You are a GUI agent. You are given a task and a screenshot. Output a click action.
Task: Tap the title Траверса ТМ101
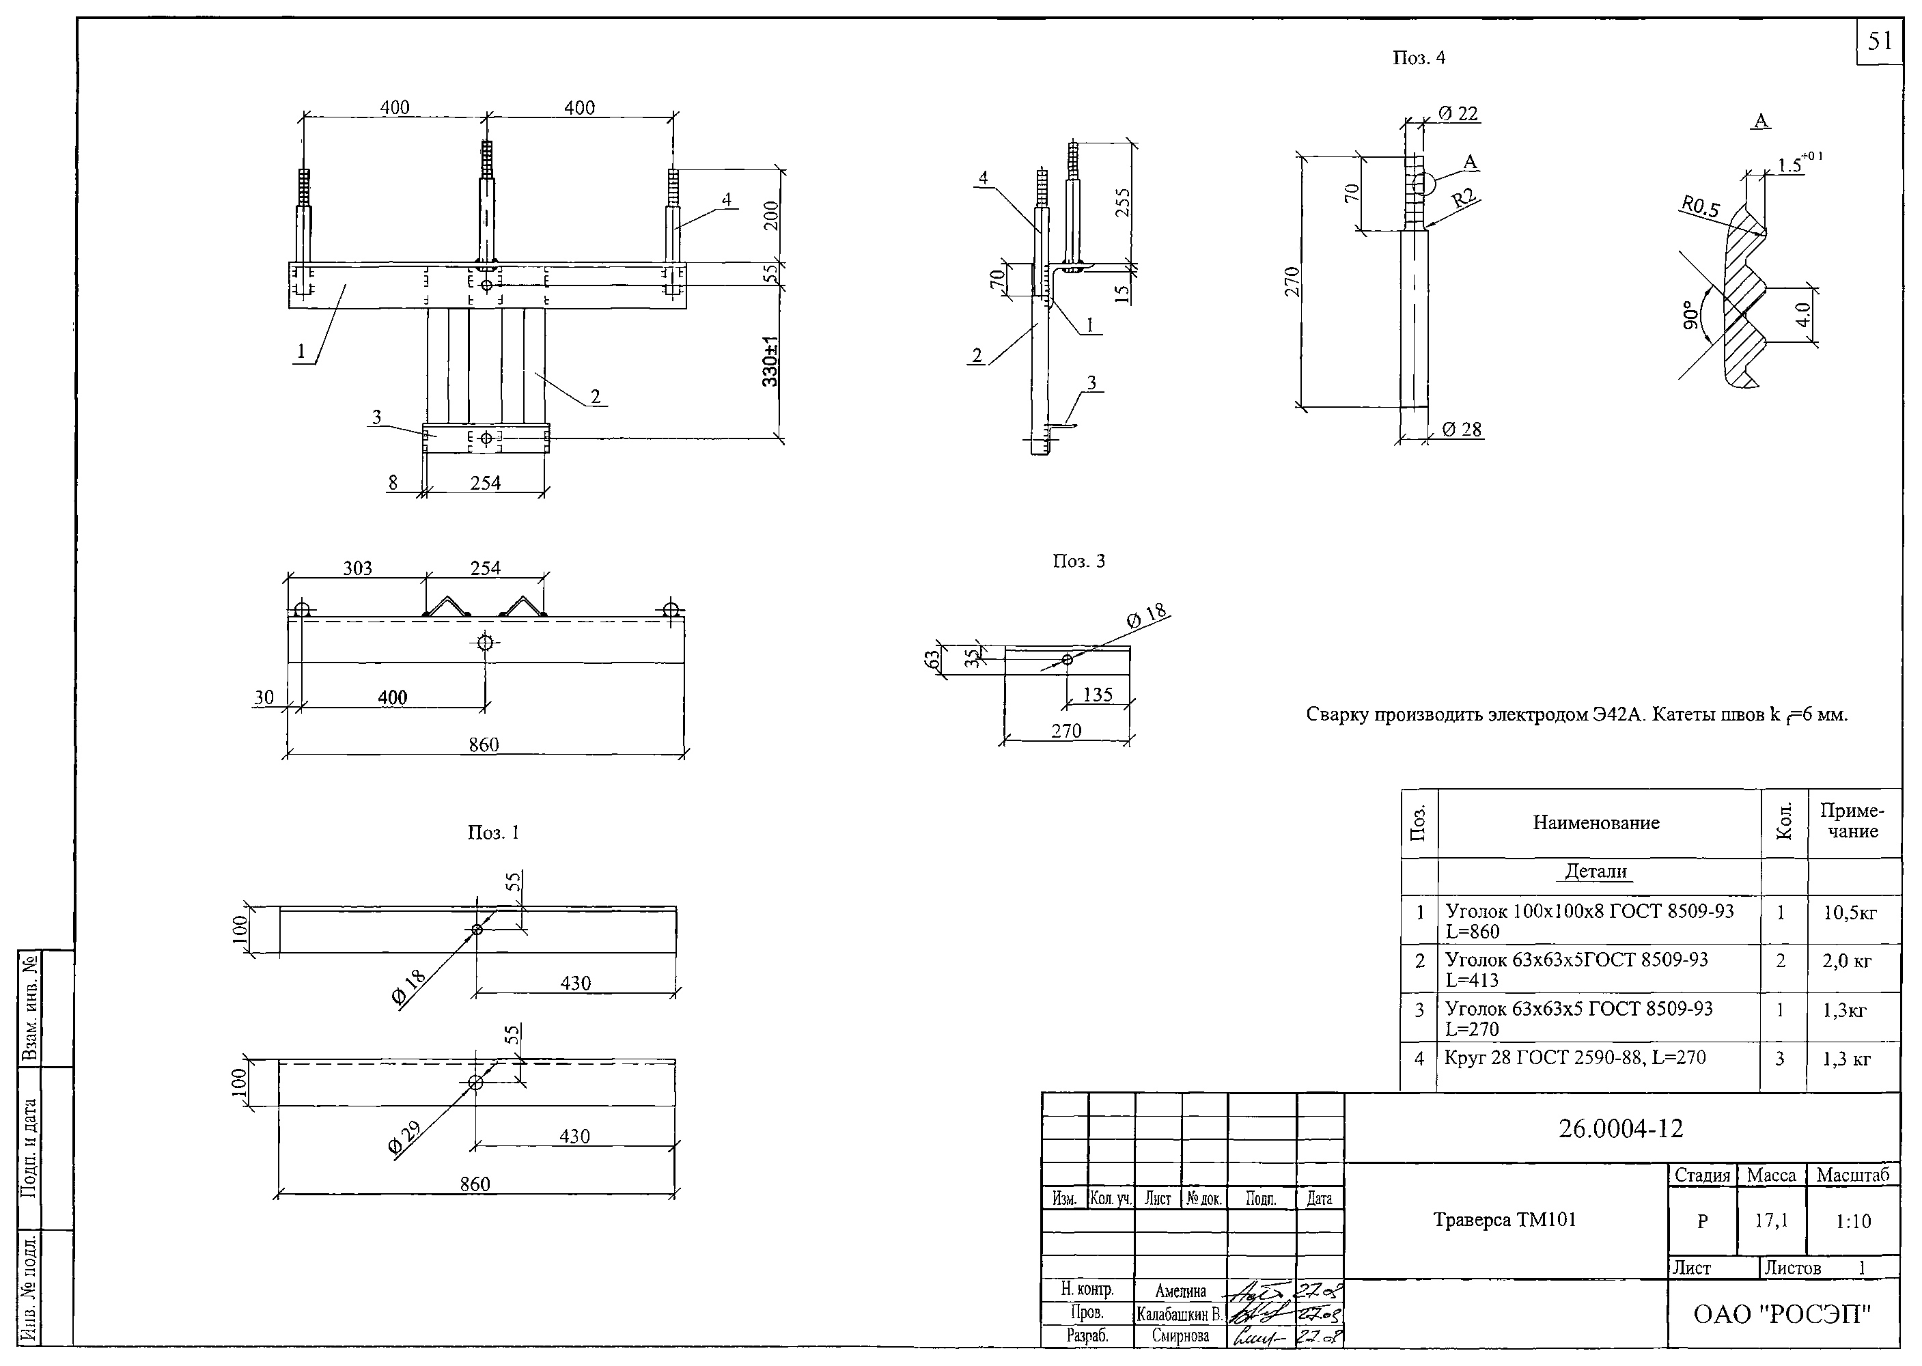pyautogui.click(x=1504, y=1220)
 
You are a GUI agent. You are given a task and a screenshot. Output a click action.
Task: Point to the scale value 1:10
pyautogui.click(x=1853, y=1221)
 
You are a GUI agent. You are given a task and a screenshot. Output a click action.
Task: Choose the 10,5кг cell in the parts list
pyautogui.click(x=1850, y=912)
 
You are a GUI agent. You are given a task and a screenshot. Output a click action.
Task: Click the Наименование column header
pyautogui.click(x=1596, y=822)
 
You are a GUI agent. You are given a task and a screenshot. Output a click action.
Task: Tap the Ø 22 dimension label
pyautogui.click(x=1458, y=113)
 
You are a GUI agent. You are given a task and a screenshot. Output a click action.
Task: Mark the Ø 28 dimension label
pyautogui.click(x=1462, y=429)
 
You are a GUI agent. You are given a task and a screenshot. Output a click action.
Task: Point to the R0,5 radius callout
pyautogui.click(x=1700, y=206)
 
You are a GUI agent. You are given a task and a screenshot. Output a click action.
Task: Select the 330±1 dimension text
pyautogui.click(x=770, y=362)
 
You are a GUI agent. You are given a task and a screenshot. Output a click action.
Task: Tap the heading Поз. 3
pyautogui.click(x=1078, y=561)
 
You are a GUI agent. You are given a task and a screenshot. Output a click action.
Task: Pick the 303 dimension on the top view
pyautogui.click(x=357, y=569)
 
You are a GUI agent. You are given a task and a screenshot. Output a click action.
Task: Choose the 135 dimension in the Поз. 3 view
pyautogui.click(x=1097, y=694)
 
